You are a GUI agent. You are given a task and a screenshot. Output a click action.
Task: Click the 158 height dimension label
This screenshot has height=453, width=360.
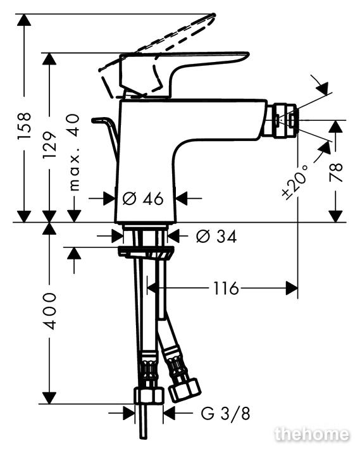[24, 126]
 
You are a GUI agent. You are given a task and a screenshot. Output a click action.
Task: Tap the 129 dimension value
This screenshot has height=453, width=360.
[49, 145]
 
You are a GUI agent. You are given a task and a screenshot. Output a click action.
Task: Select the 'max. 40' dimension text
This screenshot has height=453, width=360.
[75, 152]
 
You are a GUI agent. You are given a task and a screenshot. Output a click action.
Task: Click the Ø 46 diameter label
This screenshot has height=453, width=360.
[143, 199]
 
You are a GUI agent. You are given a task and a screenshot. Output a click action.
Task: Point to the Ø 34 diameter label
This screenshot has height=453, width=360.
[216, 237]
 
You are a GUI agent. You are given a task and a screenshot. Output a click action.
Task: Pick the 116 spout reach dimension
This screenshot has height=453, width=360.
[226, 288]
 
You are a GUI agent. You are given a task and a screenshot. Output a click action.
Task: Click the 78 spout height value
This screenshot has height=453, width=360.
[336, 172]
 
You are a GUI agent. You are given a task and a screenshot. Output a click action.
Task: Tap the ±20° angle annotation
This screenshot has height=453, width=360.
[295, 182]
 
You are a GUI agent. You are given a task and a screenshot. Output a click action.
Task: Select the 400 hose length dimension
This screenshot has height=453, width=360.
[49, 311]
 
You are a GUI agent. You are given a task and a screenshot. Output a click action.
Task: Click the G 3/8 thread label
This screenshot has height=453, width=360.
[225, 413]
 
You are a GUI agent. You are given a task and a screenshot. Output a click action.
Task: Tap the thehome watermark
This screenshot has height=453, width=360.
[312, 434]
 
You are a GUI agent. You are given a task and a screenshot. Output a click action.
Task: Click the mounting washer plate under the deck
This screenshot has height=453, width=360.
[146, 252]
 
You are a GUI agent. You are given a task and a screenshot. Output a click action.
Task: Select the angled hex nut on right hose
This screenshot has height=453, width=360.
[185, 390]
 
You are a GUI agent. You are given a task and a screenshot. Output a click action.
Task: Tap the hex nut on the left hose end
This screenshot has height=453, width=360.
[149, 396]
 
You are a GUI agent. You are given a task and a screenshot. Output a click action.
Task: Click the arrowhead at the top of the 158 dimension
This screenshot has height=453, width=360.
[24, 20]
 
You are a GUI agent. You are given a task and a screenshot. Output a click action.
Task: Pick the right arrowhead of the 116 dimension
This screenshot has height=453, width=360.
[292, 288]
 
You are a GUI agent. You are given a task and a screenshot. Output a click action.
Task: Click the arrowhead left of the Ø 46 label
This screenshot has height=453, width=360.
[109, 199]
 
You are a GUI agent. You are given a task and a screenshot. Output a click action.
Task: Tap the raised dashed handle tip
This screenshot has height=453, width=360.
[213, 16]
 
